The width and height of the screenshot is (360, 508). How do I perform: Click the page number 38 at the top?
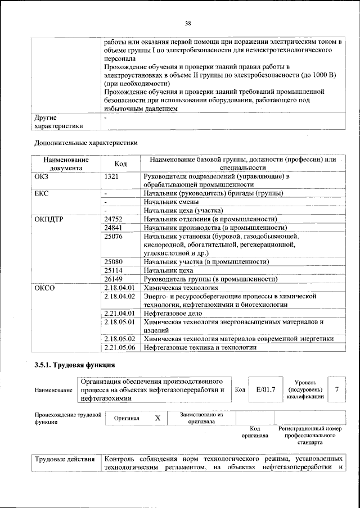(188, 23)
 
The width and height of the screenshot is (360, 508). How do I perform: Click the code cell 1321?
(112, 176)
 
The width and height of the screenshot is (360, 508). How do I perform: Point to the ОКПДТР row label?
(50, 219)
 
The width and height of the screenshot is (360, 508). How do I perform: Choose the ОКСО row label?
(45, 288)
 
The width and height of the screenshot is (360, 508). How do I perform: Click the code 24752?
(114, 219)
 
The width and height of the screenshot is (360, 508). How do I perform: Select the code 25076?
(114, 237)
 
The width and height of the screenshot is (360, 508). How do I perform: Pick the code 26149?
(114, 279)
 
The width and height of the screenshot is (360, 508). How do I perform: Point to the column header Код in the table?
(120, 164)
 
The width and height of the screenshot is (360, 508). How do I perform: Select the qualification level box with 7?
(336, 388)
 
